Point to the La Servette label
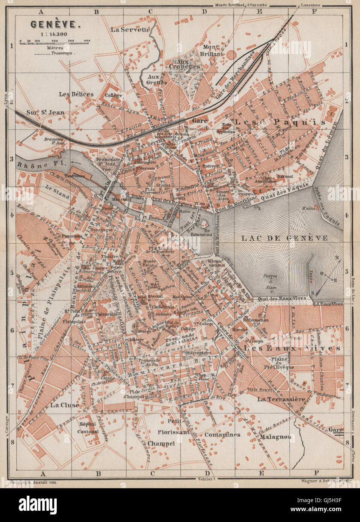(x=130, y=29)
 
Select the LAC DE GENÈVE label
(x=285, y=238)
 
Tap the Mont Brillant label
(x=213, y=50)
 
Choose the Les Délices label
(x=76, y=94)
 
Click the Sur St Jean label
(x=45, y=112)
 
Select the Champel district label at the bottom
(x=161, y=444)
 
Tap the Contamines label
(x=222, y=434)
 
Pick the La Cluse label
(x=65, y=405)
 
